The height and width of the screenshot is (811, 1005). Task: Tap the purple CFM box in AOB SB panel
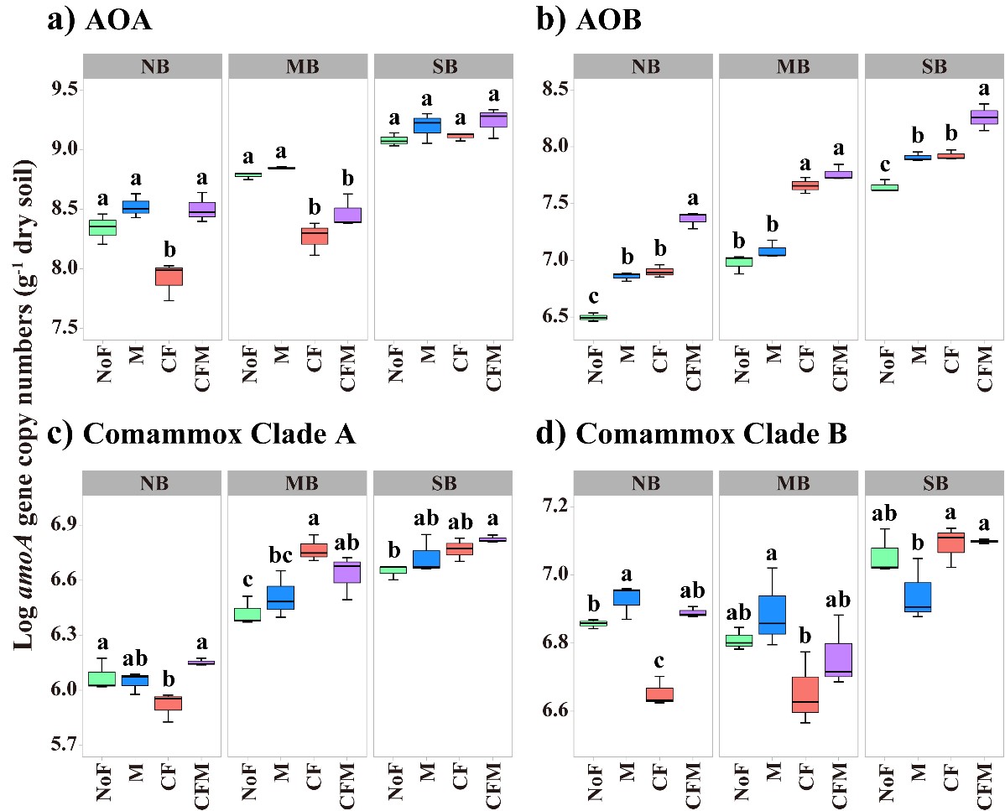tap(984, 117)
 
